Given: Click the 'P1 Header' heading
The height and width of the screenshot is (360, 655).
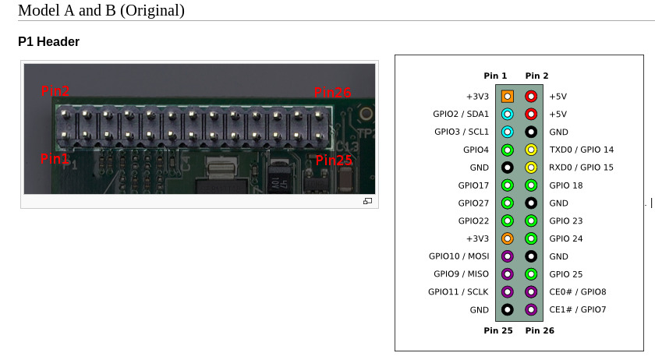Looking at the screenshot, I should coord(48,42).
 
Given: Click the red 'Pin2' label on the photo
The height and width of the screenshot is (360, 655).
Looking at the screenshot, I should coord(55,91).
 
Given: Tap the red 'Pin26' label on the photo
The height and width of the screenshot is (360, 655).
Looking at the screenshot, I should coord(332,93).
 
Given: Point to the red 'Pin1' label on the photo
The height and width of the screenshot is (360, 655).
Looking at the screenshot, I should coord(55,159).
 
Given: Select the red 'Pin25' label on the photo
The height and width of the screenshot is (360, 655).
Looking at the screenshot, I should coord(333,160).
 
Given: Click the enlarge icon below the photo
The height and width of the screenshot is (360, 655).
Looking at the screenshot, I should coord(367,201).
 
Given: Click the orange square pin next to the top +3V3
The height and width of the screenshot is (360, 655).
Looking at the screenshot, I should coord(508,97).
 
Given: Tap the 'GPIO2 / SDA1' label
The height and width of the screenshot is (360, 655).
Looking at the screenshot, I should coord(461,115).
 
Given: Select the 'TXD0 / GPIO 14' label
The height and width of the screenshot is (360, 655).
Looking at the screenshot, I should coord(581,150).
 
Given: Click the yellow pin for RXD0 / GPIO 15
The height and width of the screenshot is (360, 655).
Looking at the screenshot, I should coord(531,168).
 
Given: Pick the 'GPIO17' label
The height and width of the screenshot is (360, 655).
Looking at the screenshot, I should coord(474,185).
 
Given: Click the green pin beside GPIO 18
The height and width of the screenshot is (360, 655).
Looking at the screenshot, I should coord(531,185).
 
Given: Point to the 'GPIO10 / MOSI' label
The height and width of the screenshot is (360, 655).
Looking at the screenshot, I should coord(458,256).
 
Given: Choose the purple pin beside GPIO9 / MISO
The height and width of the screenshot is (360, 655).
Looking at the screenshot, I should coord(508,274).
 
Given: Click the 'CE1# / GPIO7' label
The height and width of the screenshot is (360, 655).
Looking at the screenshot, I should coord(577,310).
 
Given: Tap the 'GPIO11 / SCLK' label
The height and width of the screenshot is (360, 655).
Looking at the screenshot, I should coord(458,292).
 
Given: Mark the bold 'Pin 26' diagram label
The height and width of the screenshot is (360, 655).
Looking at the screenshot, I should coord(540,331).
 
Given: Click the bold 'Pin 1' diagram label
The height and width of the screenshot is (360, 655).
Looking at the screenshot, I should coord(495,76).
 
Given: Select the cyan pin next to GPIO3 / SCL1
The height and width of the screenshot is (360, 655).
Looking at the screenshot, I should coord(508,132).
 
